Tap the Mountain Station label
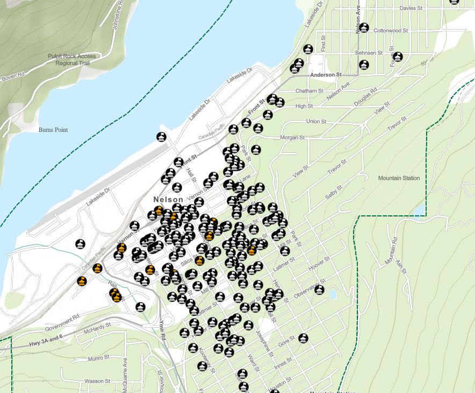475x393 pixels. [x=399, y=178]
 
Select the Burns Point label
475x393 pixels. [x=53, y=130]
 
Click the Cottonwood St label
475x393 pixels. [x=391, y=31]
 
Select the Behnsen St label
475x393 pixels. [x=369, y=53]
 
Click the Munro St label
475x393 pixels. [x=99, y=357]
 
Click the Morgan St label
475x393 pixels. [x=292, y=138]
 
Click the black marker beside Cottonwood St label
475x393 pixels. [x=364, y=27]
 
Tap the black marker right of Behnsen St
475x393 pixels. [x=398, y=57]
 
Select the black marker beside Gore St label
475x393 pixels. [x=304, y=338]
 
